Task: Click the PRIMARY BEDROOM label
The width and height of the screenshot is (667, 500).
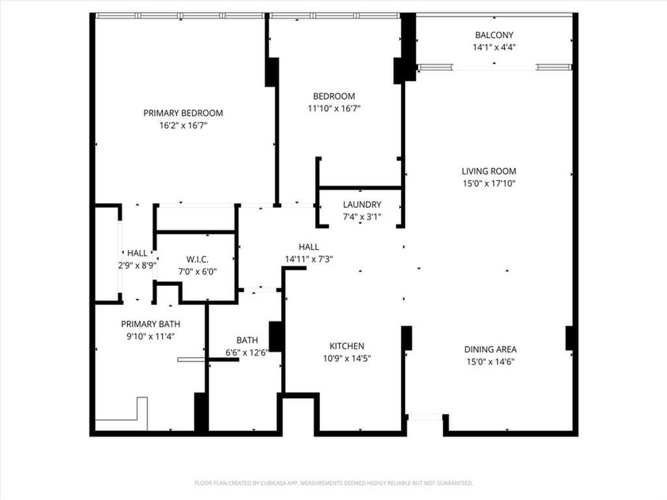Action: pos(183,113)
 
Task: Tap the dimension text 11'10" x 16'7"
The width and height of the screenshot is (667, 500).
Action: pos(334,109)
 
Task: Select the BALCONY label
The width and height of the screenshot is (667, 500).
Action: pos(494,35)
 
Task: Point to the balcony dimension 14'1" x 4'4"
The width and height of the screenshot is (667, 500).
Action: pos(494,48)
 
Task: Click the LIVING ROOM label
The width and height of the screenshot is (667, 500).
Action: pos(489,171)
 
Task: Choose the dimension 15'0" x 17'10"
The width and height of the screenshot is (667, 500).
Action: pos(489,183)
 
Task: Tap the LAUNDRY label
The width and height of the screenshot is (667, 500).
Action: pos(362,204)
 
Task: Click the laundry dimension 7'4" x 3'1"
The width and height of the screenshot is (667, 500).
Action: pos(362,217)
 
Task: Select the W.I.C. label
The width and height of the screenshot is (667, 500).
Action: pos(197,259)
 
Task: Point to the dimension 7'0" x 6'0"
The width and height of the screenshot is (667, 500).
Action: pos(197,271)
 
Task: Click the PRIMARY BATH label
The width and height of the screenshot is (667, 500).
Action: pos(150,324)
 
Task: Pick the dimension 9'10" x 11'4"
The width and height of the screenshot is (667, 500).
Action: pos(150,337)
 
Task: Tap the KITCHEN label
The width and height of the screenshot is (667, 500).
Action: pos(347,346)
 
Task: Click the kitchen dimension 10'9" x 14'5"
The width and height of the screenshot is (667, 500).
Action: pos(347,359)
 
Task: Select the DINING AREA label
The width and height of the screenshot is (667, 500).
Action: pos(490,349)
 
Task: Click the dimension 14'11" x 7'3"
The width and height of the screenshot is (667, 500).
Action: pos(309,259)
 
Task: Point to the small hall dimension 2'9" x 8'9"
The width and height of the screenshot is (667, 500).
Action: pos(137,266)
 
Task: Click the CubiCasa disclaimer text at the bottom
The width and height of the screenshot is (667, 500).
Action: pos(333,483)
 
